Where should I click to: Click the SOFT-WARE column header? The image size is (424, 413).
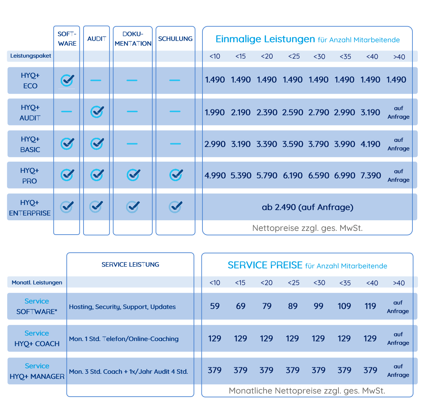click(x=67, y=39)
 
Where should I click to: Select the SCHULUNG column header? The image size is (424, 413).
click(x=175, y=39)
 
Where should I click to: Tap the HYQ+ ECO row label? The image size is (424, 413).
click(x=30, y=80)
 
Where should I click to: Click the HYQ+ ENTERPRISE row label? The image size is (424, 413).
click(x=30, y=208)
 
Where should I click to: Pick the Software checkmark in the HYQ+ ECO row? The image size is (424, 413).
click(x=67, y=80)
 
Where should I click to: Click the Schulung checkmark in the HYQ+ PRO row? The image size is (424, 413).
click(x=176, y=175)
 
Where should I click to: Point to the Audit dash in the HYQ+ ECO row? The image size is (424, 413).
click(x=96, y=80)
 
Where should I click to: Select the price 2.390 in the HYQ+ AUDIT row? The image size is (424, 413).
click(x=267, y=112)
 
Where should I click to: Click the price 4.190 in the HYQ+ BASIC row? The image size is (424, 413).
click(x=370, y=144)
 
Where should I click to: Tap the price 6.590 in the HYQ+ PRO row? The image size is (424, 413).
click(x=319, y=175)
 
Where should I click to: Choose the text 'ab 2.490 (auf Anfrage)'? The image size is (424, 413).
click(x=307, y=207)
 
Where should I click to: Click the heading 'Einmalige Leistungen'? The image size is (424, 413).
click(x=265, y=39)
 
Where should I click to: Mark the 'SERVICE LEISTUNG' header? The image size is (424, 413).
click(x=130, y=264)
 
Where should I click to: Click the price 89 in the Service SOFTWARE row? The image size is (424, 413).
click(x=293, y=306)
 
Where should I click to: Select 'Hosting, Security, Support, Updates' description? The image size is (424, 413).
click(x=122, y=307)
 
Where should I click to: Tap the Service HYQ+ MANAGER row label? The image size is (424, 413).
click(x=37, y=371)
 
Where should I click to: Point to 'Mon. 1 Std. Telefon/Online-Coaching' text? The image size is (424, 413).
click(x=124, y=339)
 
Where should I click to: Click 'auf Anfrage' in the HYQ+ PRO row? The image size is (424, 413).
click(x=398, y=175)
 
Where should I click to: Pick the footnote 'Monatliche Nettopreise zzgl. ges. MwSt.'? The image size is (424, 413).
click(x=307, y=390)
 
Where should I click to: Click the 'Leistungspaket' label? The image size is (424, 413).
click(x=31, y=56)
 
